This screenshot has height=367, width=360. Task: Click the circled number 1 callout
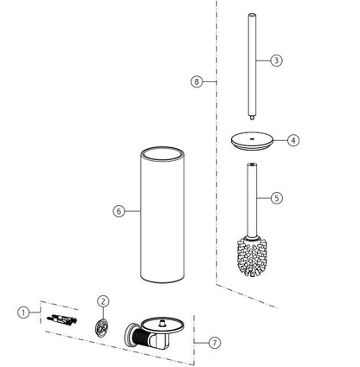coord(23,312)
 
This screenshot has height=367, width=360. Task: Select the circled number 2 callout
coord(103,301)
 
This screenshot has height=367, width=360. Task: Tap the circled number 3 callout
coord(276,61)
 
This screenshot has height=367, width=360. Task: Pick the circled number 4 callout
coord(293,140)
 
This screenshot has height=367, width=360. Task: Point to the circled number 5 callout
coord(277,198)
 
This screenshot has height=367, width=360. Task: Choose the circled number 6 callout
coord(119,211)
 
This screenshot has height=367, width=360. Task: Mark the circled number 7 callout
coord(215,343)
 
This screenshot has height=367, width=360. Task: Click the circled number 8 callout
coord(196,81)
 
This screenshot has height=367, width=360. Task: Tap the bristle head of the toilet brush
coord(252,257)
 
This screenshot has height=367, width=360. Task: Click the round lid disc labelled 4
coord(252,141)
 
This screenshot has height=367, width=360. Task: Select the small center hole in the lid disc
coord(253,138)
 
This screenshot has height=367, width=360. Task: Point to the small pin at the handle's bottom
coord(252,118)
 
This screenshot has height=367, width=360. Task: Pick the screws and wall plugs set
coord(62,319)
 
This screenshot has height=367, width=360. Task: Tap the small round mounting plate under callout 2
coord(102,327)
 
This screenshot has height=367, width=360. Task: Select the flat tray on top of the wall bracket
coord(164,325)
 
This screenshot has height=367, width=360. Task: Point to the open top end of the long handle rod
coord(252,15)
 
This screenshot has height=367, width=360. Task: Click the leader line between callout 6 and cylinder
coord(132,211)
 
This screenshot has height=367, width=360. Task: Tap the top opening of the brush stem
coord(252,164)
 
